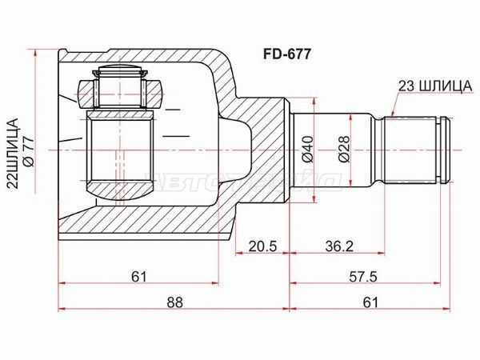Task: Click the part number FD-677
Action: coord(288,55)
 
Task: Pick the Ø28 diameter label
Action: coord(342,150)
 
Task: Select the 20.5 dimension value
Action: coord(262,246)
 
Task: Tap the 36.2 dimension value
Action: coord(338,246)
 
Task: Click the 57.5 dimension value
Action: coord(364,276)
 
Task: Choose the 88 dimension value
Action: coord(174,302)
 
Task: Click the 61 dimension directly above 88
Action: coord(138,276)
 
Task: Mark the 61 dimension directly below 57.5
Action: coord(370,302)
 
